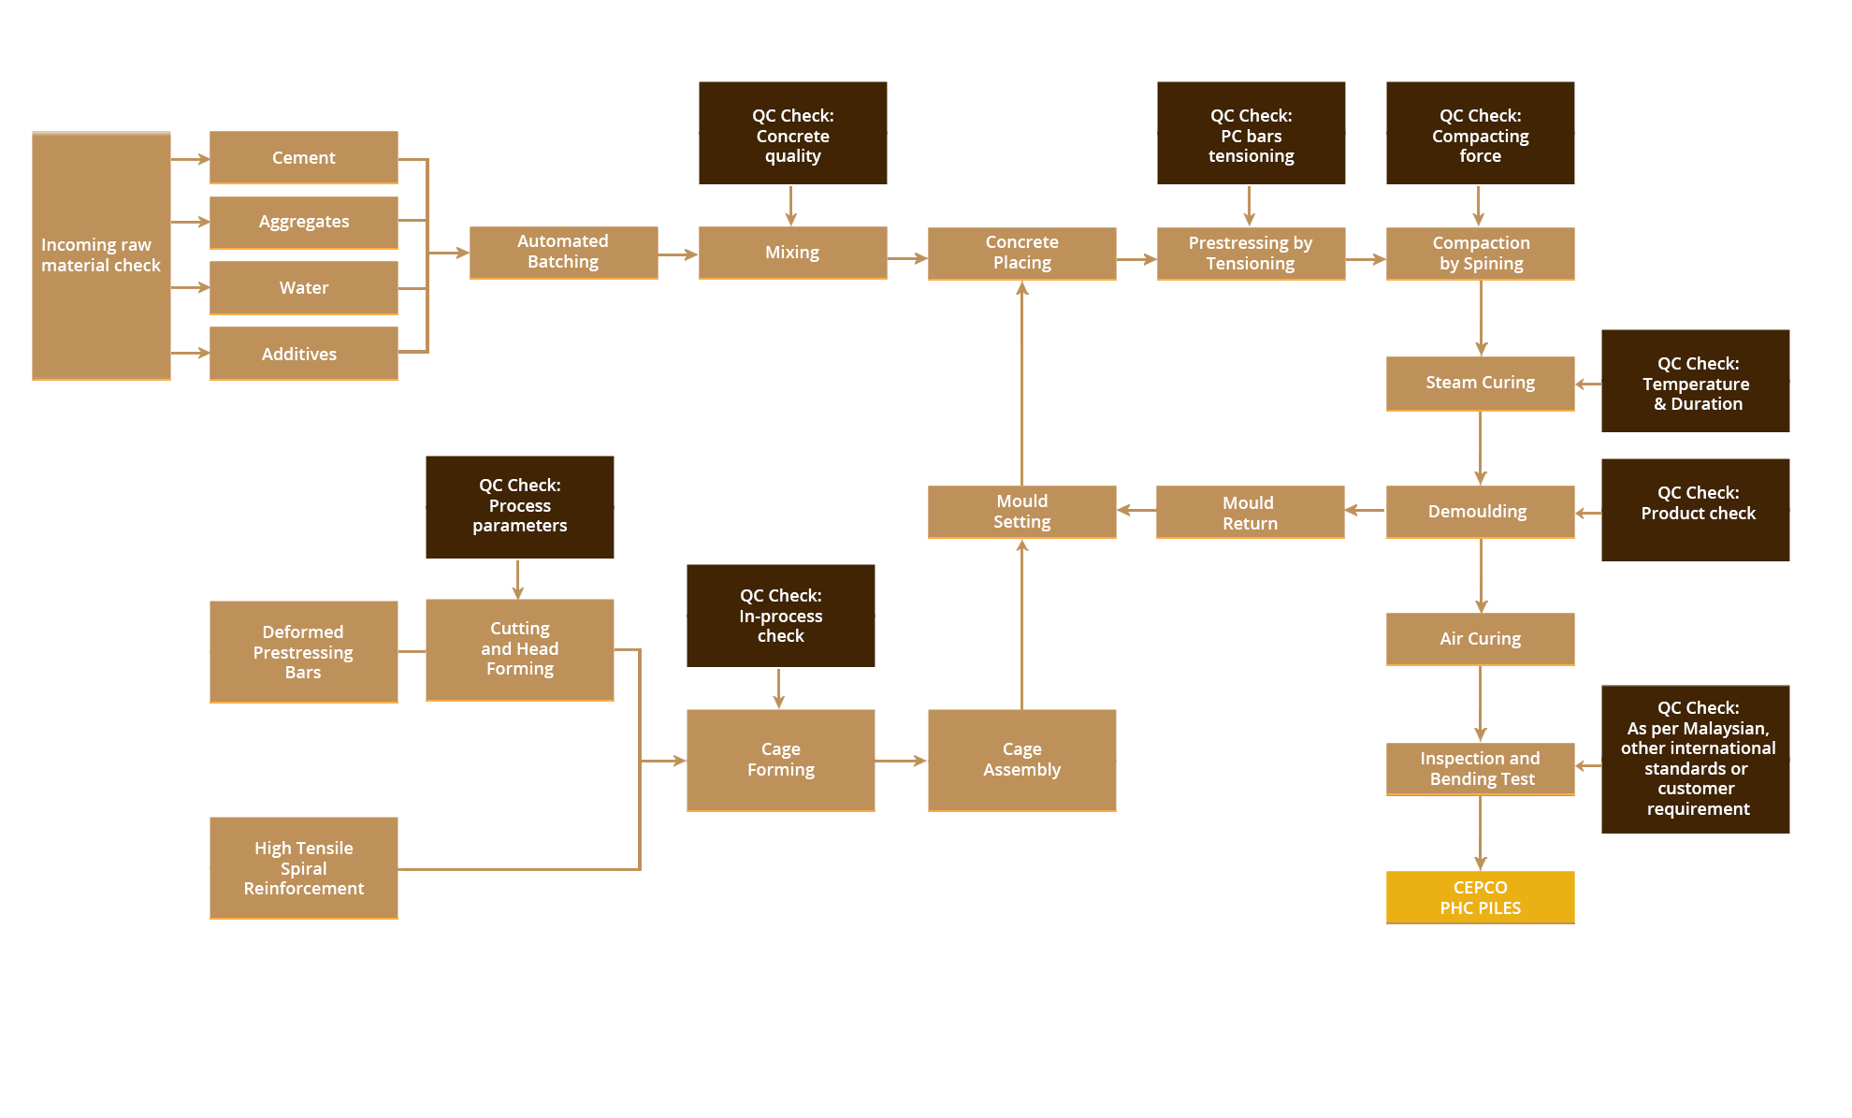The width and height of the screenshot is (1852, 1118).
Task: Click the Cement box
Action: pyautogui.click(x=303, y=157)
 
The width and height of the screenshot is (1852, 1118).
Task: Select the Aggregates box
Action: pyautogui.click(x=303, y=222)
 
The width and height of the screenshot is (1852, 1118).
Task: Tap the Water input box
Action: pyautogui.click(x=303, y=287)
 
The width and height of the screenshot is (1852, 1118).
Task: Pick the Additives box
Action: pyautogui.click(x=303, y=353)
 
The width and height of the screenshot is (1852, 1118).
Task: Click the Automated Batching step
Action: pyautogui.click(x=563, y=252)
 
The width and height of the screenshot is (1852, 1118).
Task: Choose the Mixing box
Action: pyautogui.click(x=792, y=252)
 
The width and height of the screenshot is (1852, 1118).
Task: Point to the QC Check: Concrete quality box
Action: pyautogui.click(x=792, y=133)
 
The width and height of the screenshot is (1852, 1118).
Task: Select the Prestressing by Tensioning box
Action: pyautogui.click(x=1251, y=253)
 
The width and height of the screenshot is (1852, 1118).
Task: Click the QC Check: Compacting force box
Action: pyautogui.click(x=1480, y=133)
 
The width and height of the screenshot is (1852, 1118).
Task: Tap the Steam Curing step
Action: pyautogui.click(x=1480, y=383)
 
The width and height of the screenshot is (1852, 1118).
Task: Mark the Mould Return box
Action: pyautogui.click(x=1250, y=512)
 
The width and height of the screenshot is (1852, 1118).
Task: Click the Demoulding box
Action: pyautogui.click(x=1480, y=512)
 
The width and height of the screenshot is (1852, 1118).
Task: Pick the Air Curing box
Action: pyautogui.click(x=1480, y=639)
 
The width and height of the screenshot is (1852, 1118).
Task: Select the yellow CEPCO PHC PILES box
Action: pyautogui.click(x=1480, y=897)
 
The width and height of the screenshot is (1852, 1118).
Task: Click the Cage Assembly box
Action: pyautogui.click(x=1021, y=760)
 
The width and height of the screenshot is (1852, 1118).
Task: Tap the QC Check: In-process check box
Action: pyautogui.click(x=780, y=615)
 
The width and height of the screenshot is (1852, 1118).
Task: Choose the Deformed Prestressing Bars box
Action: pyautogui.click(x=303, y=651)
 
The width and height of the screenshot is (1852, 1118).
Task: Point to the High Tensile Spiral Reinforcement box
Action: pyautogui.click(x=303, y=867)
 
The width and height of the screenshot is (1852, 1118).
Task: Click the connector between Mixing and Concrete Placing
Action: pyautogui.click(x=907, y=258)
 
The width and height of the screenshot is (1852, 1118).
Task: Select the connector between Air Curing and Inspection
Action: pyautogui.click(x=1481, y=704)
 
